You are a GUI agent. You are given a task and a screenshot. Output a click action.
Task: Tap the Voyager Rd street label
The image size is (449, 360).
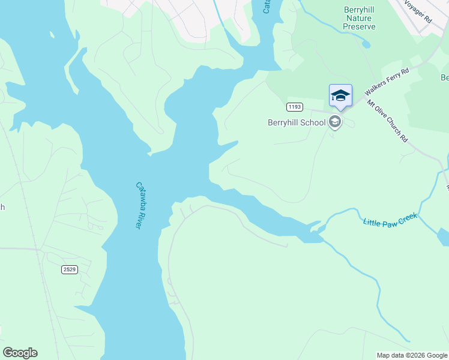pyautogui.click(x=418, y=11)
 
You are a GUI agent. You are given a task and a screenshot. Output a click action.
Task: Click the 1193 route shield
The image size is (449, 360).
pyautogui.click(x=294, y=107)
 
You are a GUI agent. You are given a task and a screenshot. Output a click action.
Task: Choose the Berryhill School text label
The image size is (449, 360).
pyautogui.click(x=297, y=122)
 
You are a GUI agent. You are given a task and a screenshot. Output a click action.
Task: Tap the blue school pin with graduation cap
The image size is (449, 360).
pyautogui.click(x=340, y=96)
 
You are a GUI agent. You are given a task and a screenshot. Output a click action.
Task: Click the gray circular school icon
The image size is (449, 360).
pyautogui.click(x=334, y=122)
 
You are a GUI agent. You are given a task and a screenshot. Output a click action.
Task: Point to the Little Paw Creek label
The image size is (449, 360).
pyautogui.click(x=390, y=221)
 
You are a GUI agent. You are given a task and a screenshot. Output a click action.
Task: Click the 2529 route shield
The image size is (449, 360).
pyautogui.click(x=69, y=269)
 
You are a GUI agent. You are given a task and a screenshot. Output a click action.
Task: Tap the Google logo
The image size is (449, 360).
pyautogui.click(x=20, y=353)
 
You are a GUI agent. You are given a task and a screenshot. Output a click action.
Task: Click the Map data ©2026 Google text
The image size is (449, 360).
pyautogui.click(x=412, y=355)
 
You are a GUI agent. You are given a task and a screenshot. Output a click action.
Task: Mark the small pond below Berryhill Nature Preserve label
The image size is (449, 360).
pyautogui.click(x=366, y=44)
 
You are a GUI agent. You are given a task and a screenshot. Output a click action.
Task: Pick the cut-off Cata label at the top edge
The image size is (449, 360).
pyautogui.click(x=267, y=7)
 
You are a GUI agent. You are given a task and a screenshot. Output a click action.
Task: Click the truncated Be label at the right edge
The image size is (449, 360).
pyautogui.click(x=444, y=77)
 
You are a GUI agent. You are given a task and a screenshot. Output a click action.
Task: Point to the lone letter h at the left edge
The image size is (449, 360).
pyautogui.click(x=2, y=207)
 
